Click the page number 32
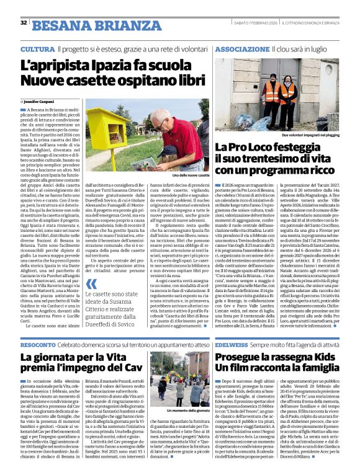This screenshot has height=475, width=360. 24,23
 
